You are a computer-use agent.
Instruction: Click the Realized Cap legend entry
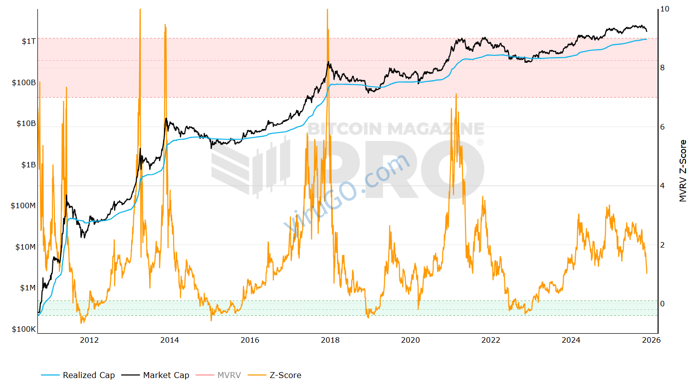(88, 375)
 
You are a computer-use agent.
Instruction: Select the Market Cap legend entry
(166, 375)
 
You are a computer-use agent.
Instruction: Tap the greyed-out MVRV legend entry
(229, 375)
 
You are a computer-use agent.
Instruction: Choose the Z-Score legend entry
(285, 375)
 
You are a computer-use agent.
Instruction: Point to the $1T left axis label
(28, 41)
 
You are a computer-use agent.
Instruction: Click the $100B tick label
(23, 83)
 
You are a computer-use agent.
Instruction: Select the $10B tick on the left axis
(25, 124)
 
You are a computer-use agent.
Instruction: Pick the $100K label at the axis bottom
(23, 329)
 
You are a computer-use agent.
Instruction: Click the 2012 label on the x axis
(89, 340)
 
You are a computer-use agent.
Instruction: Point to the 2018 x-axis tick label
(330, 340)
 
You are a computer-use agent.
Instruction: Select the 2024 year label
(571, 340)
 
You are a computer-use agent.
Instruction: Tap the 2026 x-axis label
(651, 340)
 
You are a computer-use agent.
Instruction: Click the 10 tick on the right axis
(664, 9)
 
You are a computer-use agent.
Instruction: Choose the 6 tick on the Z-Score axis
(662, 127)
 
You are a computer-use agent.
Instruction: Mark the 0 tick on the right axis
(662, 304)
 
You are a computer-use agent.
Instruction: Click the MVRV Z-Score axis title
(683, 171)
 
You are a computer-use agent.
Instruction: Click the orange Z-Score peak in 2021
(456, 94)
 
